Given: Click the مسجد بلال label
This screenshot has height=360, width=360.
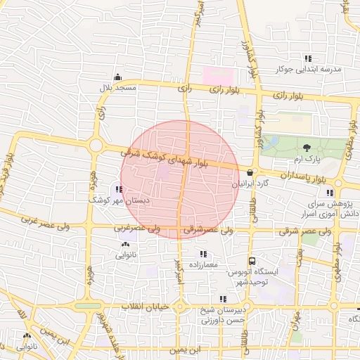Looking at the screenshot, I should (115, 88).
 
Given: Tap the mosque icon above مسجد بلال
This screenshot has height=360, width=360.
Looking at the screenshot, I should (116, 77).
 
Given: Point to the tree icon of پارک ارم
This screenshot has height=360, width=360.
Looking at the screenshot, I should (306, 147).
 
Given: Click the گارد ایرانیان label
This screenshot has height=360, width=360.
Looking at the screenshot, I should (251, 184).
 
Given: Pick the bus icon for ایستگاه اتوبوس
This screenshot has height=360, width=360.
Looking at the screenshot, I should (252, 261).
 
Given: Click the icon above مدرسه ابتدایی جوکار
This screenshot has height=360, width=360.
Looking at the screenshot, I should (307, 59).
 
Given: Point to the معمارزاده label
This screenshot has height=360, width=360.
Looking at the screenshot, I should (204, 264).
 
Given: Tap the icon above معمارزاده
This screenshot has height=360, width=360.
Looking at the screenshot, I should (203, 254).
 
